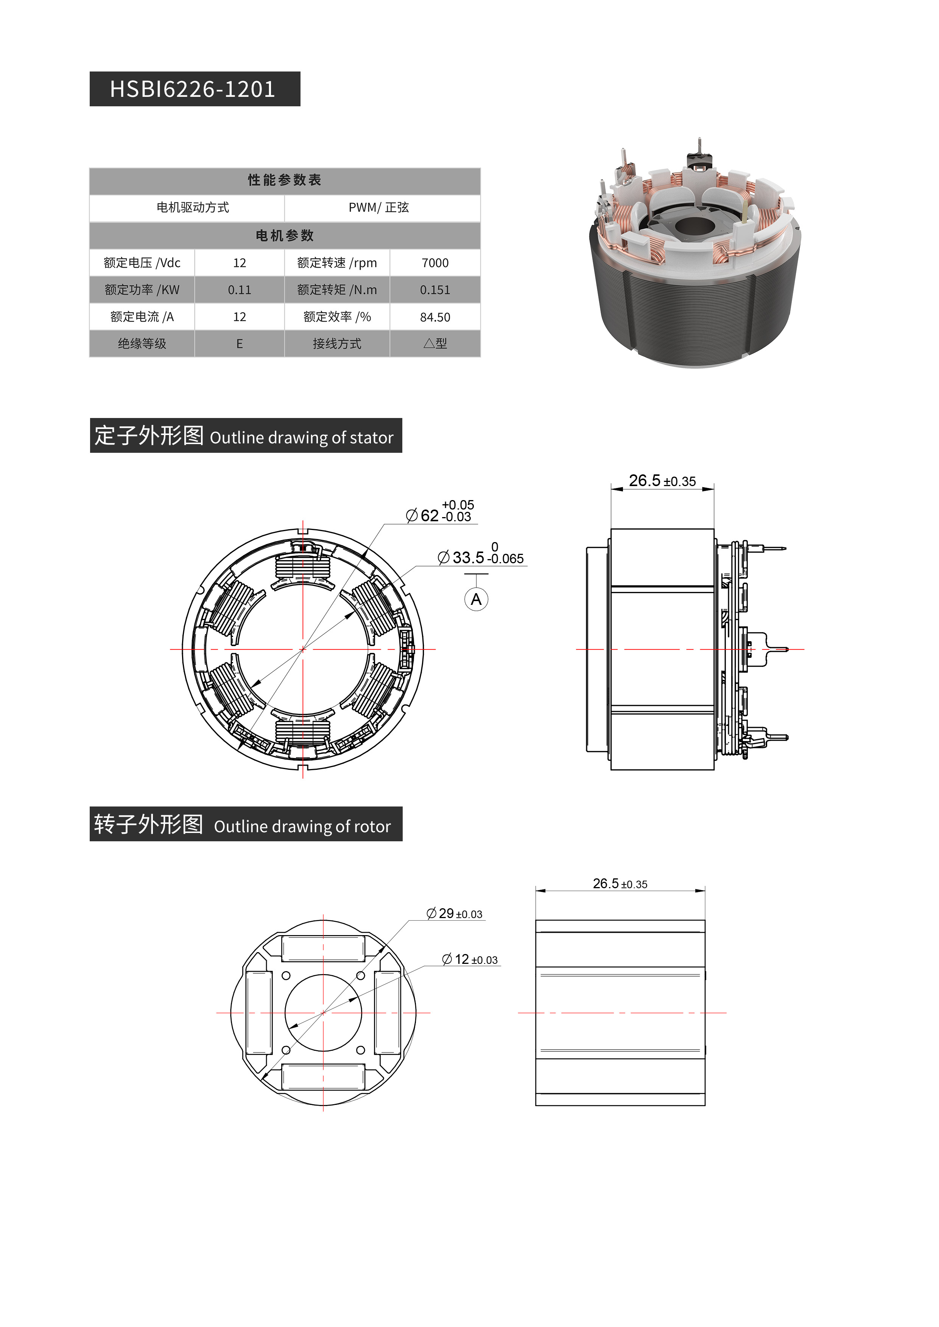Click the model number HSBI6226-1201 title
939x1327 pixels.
[193, 89]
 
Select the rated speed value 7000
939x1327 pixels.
[435, 263]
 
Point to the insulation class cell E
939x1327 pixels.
[239, 344]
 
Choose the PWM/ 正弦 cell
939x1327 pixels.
[379, 208]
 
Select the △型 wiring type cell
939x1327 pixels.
[435, 344]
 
